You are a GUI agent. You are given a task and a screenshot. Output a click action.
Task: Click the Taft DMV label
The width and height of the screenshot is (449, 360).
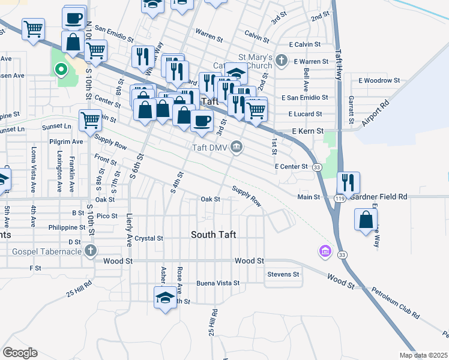tap(211, 148)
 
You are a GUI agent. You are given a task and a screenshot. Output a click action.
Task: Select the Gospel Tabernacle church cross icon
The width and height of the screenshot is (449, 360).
tap(91, 250)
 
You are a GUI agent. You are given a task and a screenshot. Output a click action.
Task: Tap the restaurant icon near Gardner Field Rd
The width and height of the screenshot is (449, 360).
tap(348, 182)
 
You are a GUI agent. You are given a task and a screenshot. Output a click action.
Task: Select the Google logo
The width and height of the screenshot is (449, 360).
tap(20, 352)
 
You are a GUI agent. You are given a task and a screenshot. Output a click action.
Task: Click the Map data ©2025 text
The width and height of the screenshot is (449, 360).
tap(423, 355)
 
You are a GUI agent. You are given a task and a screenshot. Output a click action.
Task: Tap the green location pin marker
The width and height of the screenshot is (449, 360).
tap(61, 70)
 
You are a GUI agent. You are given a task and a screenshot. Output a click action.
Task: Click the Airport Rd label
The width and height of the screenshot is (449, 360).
tap(375, 113)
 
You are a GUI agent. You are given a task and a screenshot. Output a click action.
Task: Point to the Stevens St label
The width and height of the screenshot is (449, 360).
tap(284, 274)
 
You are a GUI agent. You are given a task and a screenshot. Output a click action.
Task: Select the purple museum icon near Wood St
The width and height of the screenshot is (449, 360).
tap(325, 250)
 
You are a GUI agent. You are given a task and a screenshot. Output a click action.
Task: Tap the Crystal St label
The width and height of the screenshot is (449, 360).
tap(149, 238)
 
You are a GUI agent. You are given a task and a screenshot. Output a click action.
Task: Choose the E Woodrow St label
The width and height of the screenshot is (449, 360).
tap(379, 80)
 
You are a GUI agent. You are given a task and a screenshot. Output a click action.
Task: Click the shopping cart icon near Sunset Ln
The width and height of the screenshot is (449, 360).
tap(89, 119)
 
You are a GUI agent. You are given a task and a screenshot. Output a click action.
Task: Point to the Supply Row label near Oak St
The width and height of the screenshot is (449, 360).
tap(247, 196)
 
